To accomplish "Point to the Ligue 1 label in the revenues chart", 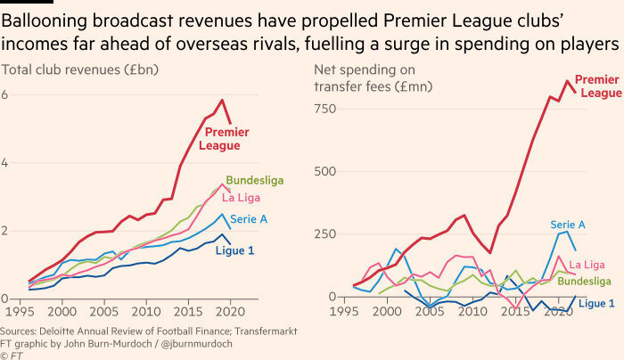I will (x=234, y=250).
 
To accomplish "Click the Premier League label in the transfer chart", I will (x=596, y=86).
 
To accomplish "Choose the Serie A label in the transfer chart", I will (x=567, y=225).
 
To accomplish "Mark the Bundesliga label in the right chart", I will (x=584, y=281).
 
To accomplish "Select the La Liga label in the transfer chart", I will (x=587, y=265).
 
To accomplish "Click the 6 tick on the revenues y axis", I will (x=5, y=94).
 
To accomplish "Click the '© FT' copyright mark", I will (x=13, y=355).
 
